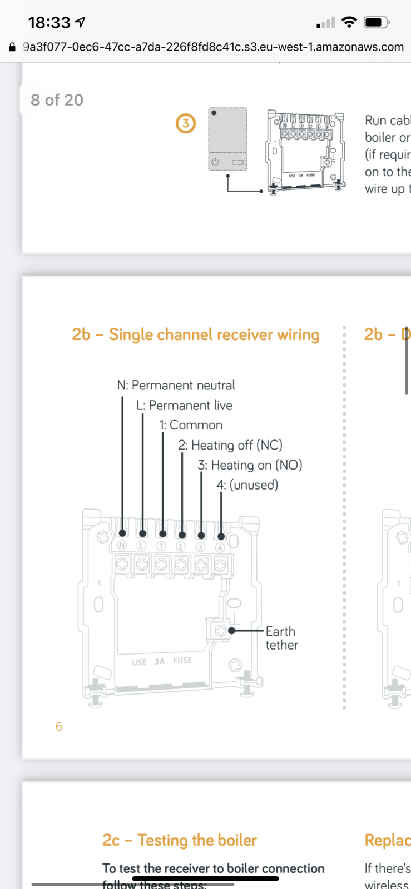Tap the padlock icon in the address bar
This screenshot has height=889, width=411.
(12, 47)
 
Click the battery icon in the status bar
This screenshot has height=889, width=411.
(376, 23)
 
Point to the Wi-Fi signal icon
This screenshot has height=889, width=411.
(349, 22)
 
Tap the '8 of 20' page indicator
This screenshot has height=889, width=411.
(57, 100)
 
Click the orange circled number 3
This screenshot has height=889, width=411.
(186, 123)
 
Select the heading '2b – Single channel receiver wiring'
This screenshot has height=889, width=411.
(195, 334)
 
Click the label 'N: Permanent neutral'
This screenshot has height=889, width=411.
(176, 385)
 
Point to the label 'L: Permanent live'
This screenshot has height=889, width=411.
(184, 405)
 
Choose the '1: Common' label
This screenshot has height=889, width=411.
(191, 425)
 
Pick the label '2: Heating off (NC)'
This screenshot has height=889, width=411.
(230, 445)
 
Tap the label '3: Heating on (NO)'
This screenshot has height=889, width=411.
(250, 465)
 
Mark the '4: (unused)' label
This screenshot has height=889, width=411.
(247, 485)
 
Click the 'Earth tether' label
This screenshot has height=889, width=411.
(281, 638)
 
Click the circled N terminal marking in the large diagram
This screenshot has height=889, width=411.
(122, 546)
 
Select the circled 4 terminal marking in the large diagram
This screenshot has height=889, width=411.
(220, 547)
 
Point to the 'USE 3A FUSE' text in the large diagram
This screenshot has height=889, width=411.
(162, 661)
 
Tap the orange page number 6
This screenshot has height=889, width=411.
(59, 726)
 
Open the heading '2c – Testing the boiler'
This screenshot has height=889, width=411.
(179, 840)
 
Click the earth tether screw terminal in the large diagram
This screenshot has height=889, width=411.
(220, 631)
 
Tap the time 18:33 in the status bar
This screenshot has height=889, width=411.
(49, 23)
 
